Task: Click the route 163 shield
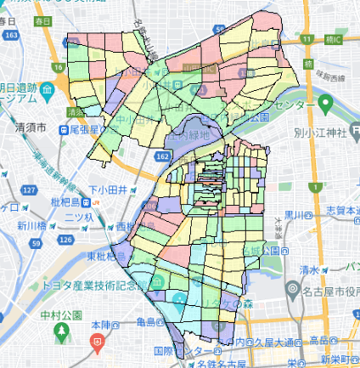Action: click(10, 38)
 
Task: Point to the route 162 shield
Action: click(163, 158)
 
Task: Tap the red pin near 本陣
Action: click(98, 343)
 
